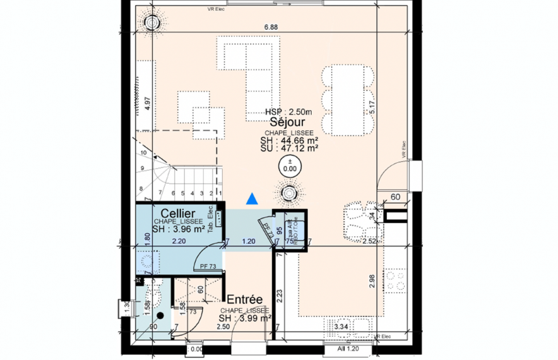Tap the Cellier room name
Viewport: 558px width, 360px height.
click(177, 213)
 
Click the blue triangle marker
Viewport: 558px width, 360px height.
click(252, 199)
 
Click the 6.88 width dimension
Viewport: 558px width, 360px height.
click(270, 27)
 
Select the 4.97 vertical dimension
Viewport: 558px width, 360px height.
click(147, 104)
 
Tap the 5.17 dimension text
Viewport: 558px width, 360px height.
click(375, 107)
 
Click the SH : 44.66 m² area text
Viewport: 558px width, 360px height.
click(288, 141)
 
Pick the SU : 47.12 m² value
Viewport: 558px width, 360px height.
click(288, 148)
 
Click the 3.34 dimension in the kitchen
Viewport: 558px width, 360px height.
click(341, 327)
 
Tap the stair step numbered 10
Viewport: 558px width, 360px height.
click(144, 153)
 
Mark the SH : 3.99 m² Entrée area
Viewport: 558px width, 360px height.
click(246, 318)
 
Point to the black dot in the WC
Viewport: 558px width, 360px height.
click(161, 315)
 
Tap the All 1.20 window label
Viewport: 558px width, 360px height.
click(348, 348)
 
